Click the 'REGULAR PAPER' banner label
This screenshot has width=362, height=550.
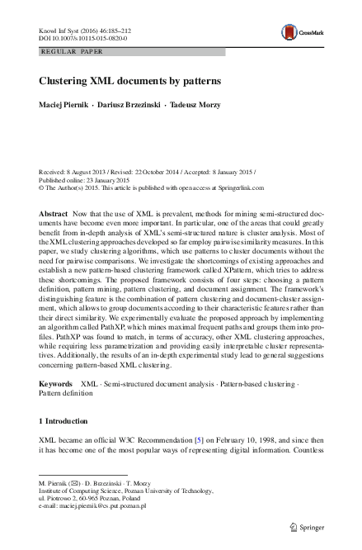pyautogui.click(x=70, y=51)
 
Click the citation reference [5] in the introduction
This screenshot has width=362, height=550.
pyautogui.click(x=198, y=439)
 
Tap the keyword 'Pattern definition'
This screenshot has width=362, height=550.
pyautogui.click(x=68, y=394)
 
